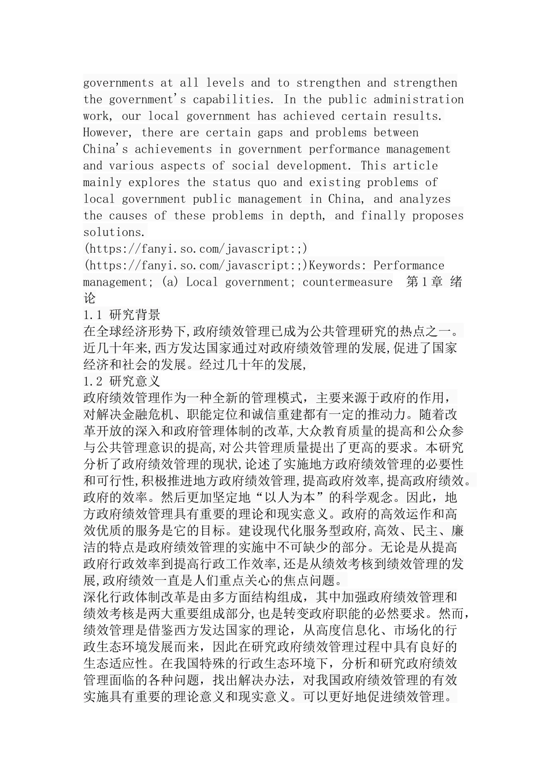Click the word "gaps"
pyautogui.click(x=270, y=132)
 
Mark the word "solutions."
pyautogui.click(x=115, y=232)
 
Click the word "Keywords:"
pyautogui.click(x=338, y=266)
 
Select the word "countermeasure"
pyautogui.click(x=347, y=283)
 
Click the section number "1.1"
pyautogui.click(x=92, y=316)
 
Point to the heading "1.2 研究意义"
pyautogui.click(x=122, y=382)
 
